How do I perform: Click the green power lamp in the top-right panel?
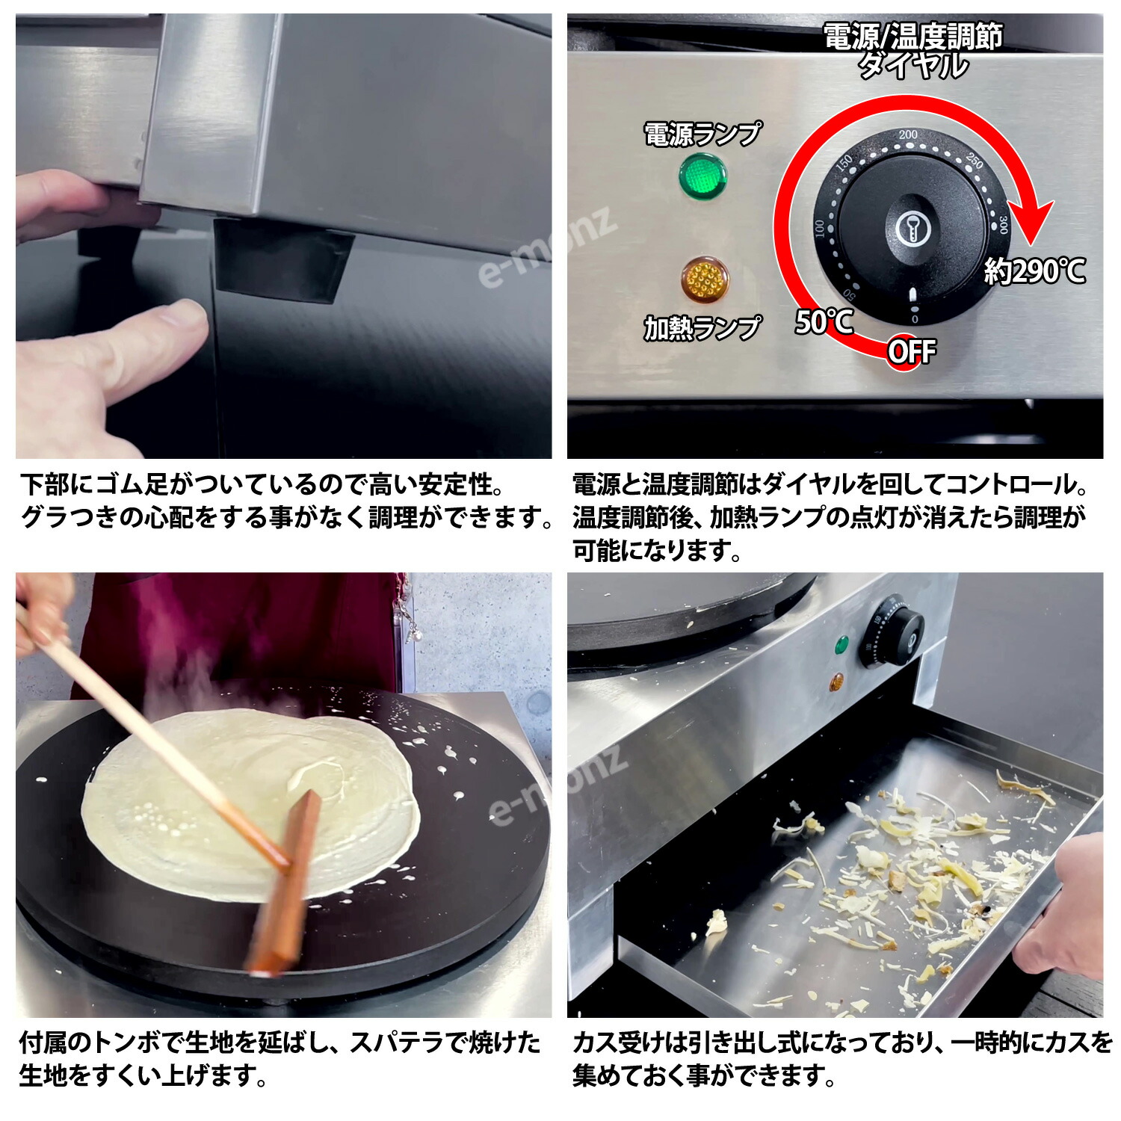702,176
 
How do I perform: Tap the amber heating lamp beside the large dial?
704,280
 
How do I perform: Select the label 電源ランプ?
702,135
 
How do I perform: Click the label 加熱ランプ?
702,327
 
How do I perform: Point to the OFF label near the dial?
911,351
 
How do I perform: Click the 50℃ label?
824,321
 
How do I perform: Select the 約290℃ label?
1034,271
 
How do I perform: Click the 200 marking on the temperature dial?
908,135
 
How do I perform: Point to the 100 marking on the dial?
821,228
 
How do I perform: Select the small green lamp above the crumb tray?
841,644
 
